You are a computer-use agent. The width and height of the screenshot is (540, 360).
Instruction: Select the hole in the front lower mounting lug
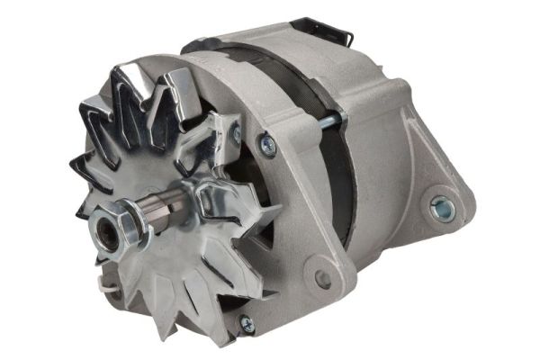pos(323,278)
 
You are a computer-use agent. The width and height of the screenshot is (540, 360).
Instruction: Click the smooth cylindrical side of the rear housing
pos(378,108)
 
